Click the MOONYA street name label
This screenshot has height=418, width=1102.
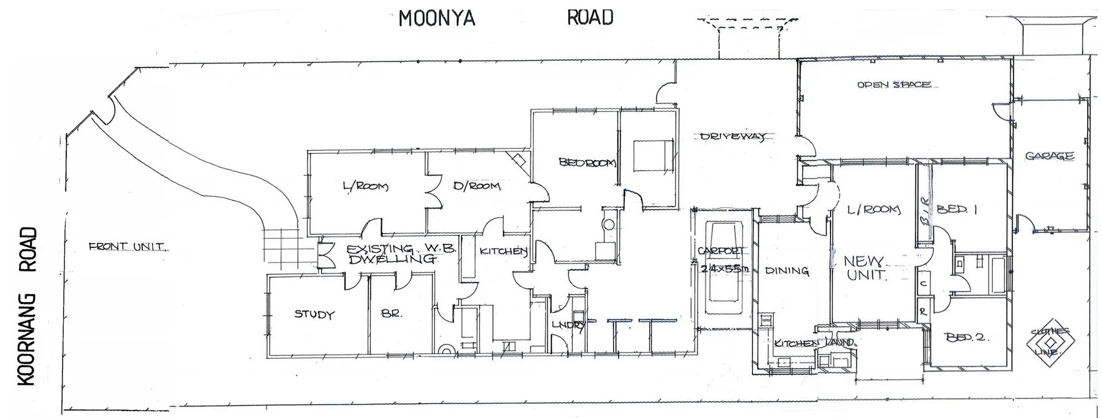click(437, 18)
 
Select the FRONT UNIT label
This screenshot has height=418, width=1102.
click(127, 247)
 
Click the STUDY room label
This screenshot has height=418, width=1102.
click(314, 314)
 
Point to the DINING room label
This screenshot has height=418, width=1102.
click(787, 270)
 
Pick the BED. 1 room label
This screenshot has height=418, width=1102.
click(957, 210)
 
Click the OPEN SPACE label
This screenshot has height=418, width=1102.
click(894, 85)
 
